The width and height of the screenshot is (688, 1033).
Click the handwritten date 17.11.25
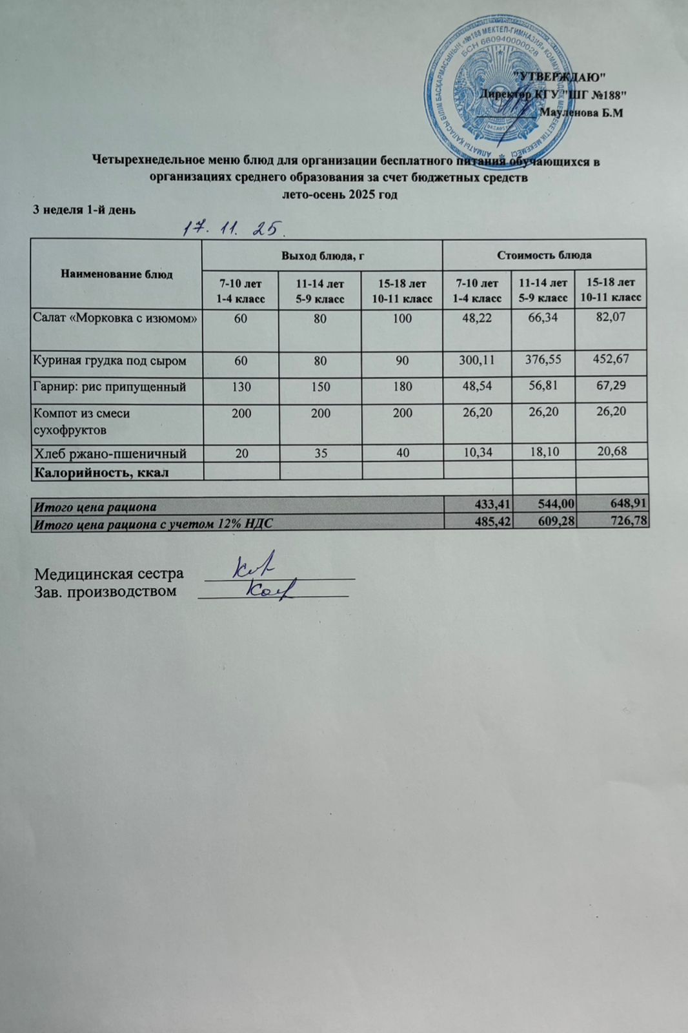pyautogui.click(x=233, y=228)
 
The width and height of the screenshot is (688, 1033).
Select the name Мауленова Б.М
pyautogui.click(x=584, y=112)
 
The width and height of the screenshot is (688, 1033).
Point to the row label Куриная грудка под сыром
pyautogui.click(x=110, y=361)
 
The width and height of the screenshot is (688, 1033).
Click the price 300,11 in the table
pyautogui.click(x=476, y=360)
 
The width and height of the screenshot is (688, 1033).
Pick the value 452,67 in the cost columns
pyautogui.click(x=611, y=359)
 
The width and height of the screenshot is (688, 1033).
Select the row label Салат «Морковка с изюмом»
pyautogui.click(x=115, y=318)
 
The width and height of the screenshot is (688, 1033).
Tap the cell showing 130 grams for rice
pyautogui.click(x=241, y=387)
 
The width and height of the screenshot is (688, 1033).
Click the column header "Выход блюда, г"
pyautogui.click(x=323, y=255)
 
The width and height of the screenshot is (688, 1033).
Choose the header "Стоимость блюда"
pyautogui.click(x=544, y=254)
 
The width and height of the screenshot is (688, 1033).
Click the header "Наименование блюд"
pyautogui.click(x=117, y=274)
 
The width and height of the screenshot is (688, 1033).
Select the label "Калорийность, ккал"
pyautogui.click(x=101, y=472)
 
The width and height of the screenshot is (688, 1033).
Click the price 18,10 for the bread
pyautogui.click(x=543, y=452)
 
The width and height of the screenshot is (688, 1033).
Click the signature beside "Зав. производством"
pyautogui.click(x=270, y=588)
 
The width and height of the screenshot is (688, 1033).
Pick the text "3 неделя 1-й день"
pyautogui.click(x=84, y=209)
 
